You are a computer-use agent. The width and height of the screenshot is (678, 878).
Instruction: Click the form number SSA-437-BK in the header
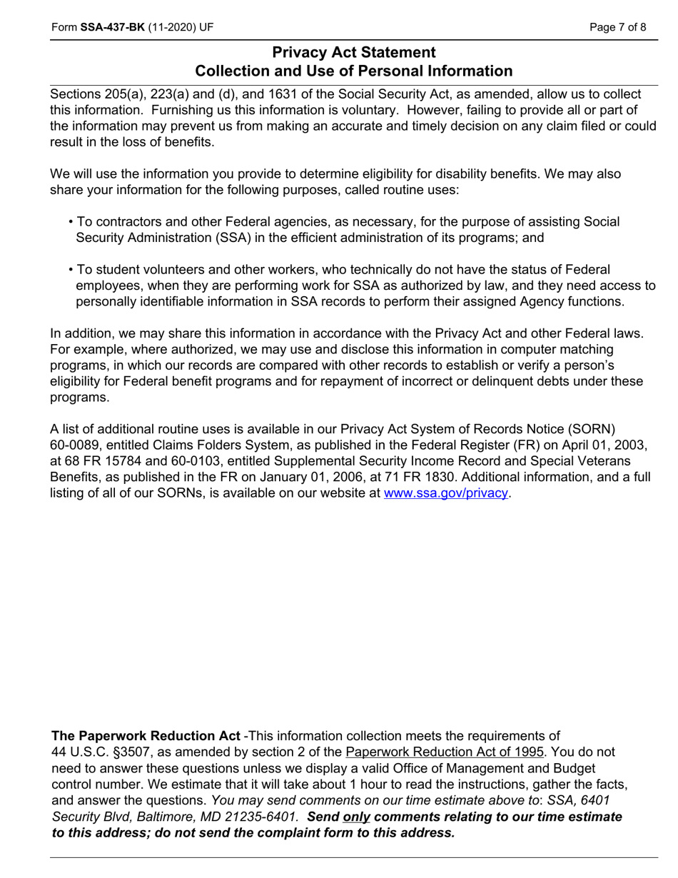coord(113,28)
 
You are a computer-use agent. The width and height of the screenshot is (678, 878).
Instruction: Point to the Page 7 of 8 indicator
coord(618,28)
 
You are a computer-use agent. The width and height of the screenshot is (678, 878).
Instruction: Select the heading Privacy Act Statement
coord(353,53)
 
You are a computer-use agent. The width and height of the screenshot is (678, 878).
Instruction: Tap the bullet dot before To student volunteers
coord(71,270)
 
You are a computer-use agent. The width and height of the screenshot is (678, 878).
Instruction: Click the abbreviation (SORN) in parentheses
coord(592,429)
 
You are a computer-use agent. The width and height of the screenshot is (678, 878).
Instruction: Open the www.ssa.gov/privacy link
coord(446,493)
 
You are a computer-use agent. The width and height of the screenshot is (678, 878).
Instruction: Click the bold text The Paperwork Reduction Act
coord(146,736)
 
